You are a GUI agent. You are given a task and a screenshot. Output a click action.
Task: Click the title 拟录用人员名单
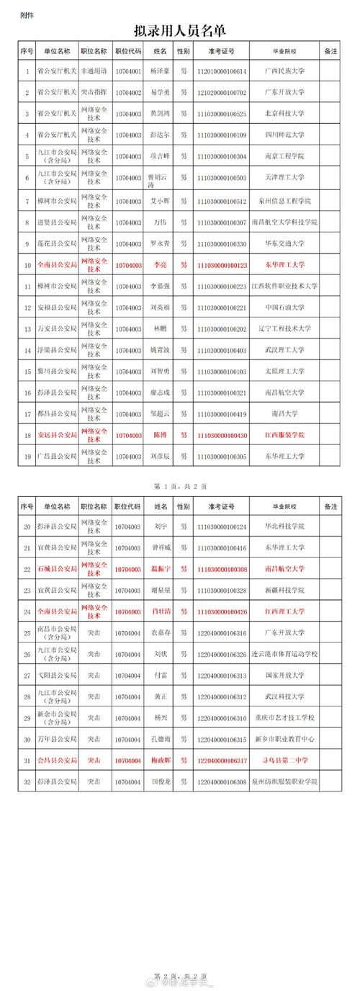tap(179, 30)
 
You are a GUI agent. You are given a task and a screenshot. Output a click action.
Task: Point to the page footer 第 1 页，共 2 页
tap(179, 487)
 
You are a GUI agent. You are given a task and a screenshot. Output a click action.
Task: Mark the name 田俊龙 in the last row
tap(160, 781)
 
